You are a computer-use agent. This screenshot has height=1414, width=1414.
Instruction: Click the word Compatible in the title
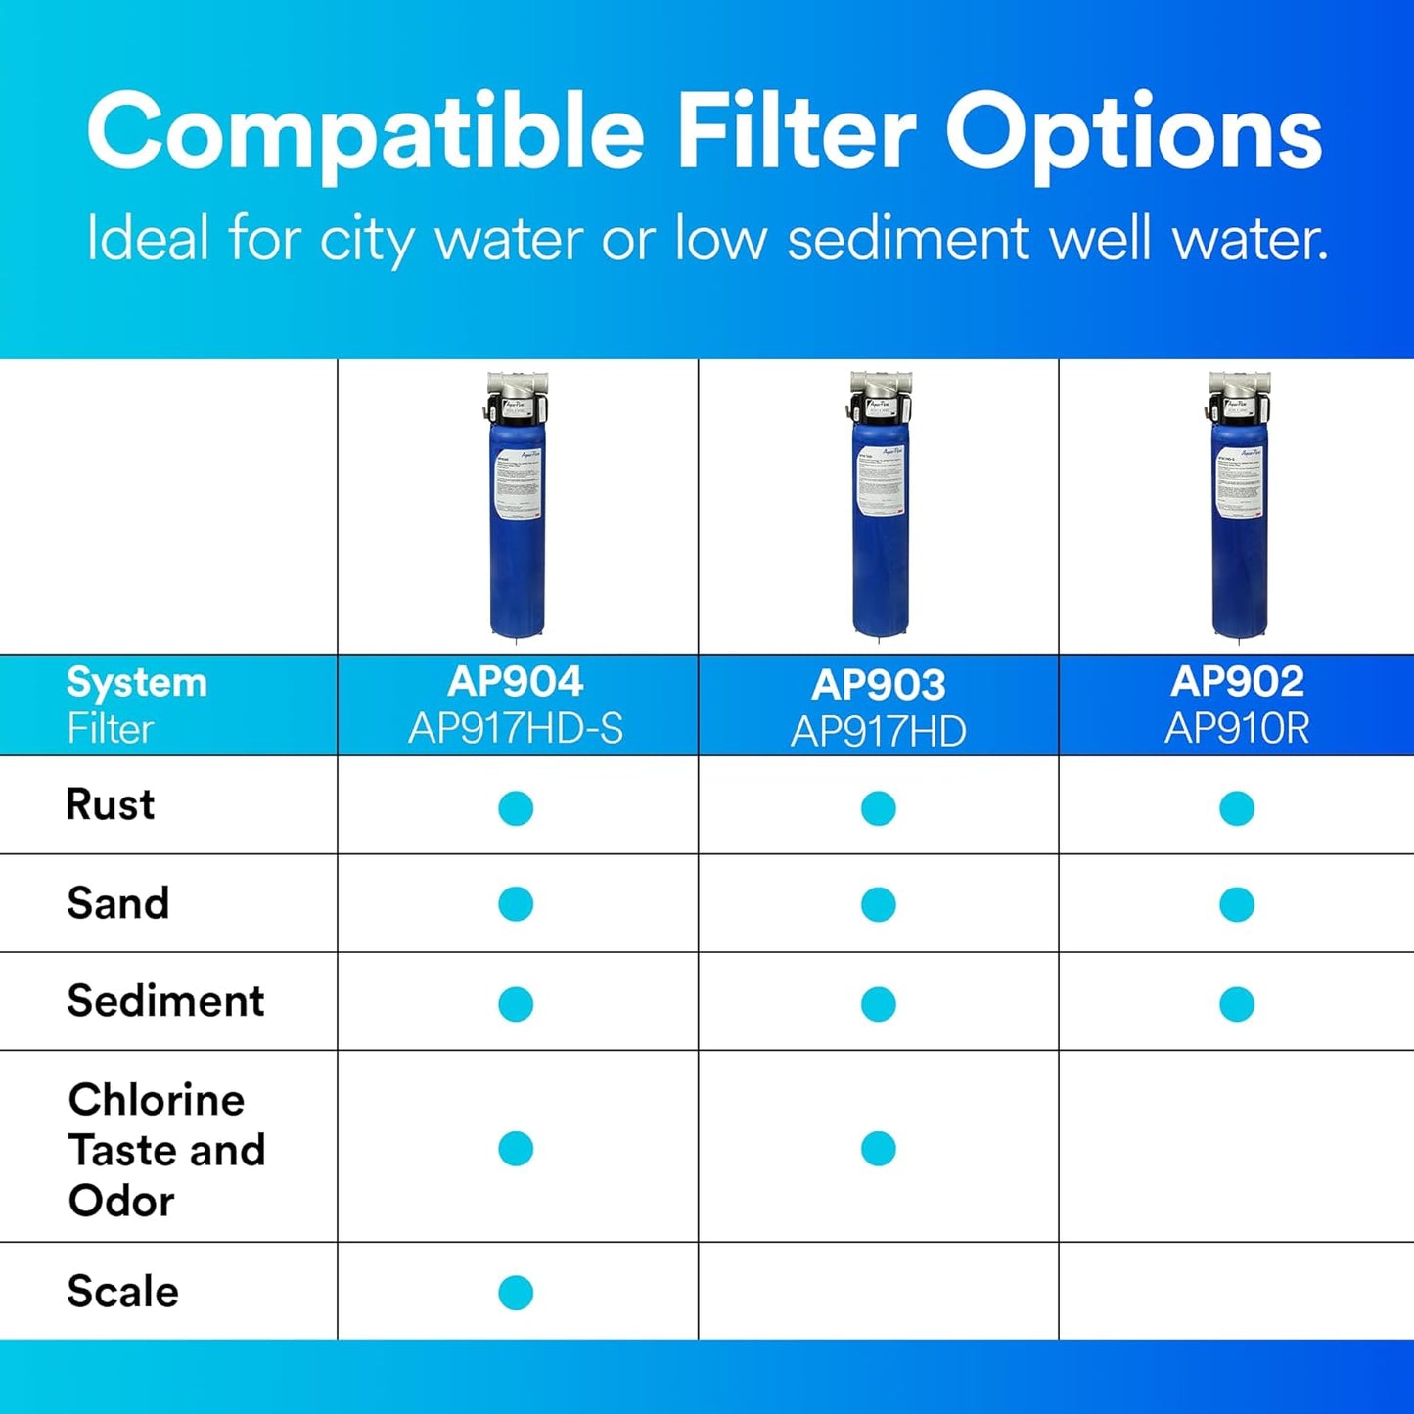[365, 132]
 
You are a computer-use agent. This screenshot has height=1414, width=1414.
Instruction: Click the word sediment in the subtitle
[907, 239]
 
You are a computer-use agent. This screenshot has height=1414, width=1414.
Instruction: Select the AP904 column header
[516, 681]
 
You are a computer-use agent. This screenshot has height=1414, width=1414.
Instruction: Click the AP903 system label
[878, 685]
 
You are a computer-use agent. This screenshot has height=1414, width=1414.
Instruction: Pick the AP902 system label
[1237, 681]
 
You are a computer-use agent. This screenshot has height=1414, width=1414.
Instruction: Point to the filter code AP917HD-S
[516, 729]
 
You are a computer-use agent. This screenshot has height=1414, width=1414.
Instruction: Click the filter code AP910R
[1237, 729]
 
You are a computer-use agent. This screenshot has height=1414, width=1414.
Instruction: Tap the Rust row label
[110, 804]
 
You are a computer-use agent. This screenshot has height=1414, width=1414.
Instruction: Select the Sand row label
[117, 902]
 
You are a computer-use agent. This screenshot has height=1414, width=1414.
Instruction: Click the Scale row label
[122, 1291]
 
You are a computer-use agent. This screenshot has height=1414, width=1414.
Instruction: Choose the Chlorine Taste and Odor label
[166, 1150]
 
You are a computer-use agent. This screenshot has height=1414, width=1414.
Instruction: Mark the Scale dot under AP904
[516, 1293]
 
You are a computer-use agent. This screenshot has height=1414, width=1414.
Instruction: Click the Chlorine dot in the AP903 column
[878, 1149]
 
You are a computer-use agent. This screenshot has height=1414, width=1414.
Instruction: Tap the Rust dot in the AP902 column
[1237, 808]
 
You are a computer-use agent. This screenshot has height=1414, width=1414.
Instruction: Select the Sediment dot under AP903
[878, 1004]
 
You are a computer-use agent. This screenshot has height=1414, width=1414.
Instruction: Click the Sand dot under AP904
[516, 904]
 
